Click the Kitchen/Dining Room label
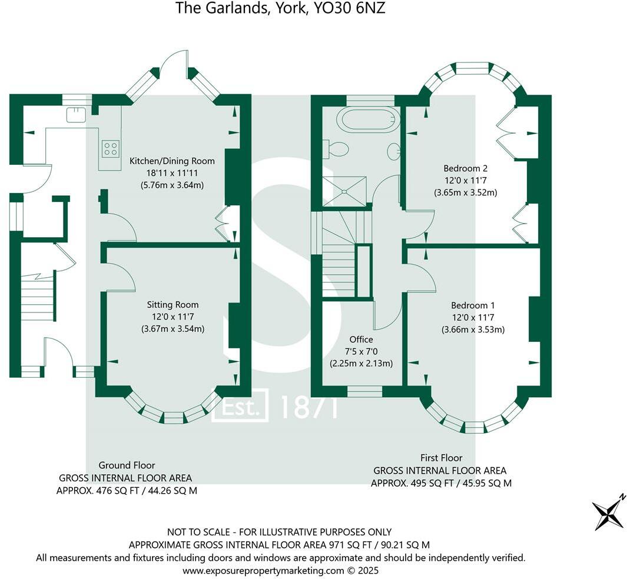[172, 161]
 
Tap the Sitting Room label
[172, 305]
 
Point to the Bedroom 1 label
[473, 305]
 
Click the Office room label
[361, 340]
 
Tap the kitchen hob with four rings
[110, 148]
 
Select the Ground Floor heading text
[127, 465]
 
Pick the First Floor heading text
[441, 458]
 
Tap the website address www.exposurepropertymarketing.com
[262, 570]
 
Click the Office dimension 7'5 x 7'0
[361, 351]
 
